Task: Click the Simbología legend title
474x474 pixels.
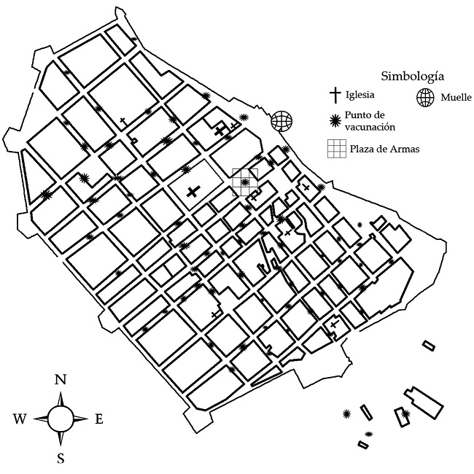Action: pyautogui.click(x=413, y=76)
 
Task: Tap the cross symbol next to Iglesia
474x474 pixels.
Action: pyautogui.click(x=335, y=95)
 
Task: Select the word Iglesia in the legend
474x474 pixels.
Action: pyautogui.click(x=362, y=95)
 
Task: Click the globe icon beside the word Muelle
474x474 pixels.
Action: pyautogui.click(x=425, y=98)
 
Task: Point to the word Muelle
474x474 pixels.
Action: pyautogui.click(x=455, y=98)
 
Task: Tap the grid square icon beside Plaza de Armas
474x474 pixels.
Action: pyautogui.click(x=336, y=148)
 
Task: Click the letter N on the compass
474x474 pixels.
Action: pyautogui.click(x=61, y=379)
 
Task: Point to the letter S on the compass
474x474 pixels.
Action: pyautogui.click(x=61, y=458)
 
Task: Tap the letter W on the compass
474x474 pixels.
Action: pyautogui.click(x=20, y=419)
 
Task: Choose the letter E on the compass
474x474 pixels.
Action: pyautogui.click(x=99, y=419)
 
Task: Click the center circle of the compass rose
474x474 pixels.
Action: pyautogui.click(x=61, y=418)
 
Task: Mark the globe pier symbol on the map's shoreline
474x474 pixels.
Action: pyautogui.click(x=281, y=121)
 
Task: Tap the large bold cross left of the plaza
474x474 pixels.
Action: pyautogui.click(x=193, y=192)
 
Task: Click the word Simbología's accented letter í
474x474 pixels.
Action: pyautogui.click(x=435, y=76)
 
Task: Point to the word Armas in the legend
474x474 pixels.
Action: pyautogui.click(x=405, y=149)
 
